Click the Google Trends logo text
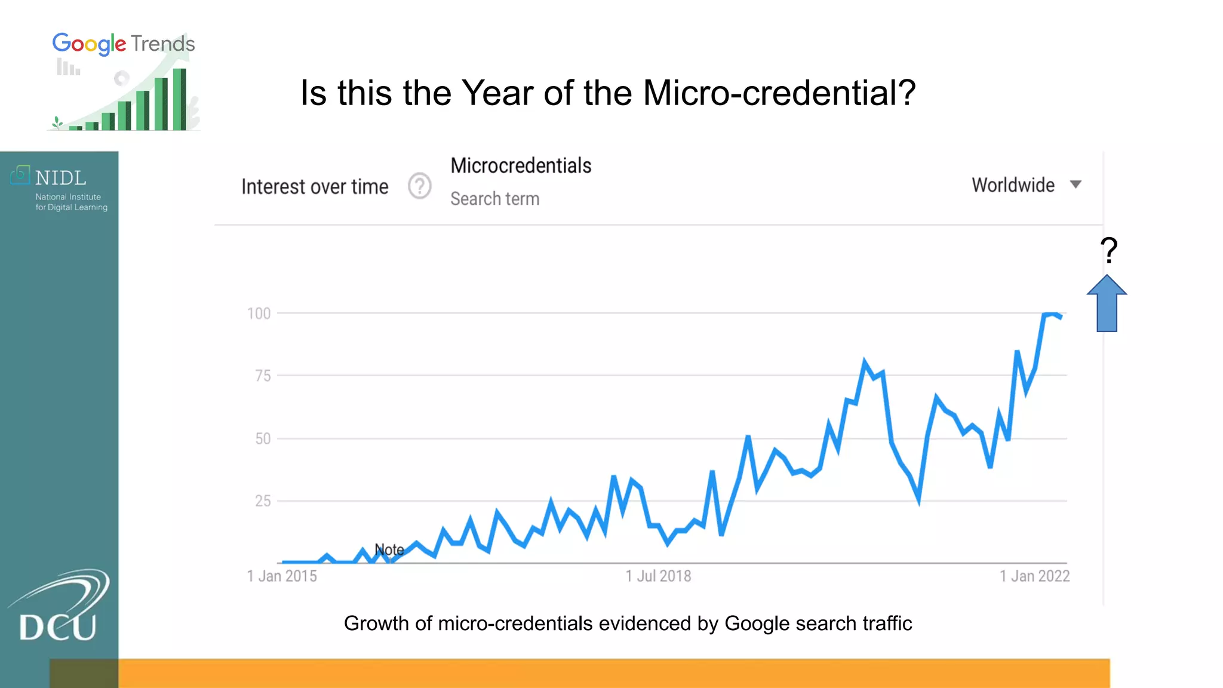click(x=124, y=44)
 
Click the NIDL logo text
click(x=60, y=178)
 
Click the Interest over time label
click(x=315, y=187)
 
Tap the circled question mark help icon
click(x=420, y=186)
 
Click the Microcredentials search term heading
click(x=521, y=165)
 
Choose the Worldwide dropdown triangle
click(x=1075, y=185)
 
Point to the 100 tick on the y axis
click(x=259, y=314)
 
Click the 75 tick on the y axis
click(x=263, y=376)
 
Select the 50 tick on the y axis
click(x=263, y=439)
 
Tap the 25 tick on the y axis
click(x=263, y=501)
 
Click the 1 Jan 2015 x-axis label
click(x=282, y=576)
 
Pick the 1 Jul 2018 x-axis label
click(x=658, y=576)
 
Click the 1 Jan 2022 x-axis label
click(x=1034, y=576)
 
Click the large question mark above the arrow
click(x=1108, y=250)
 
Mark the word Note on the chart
click(x=389, y=549)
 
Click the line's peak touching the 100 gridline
click(x=1050, y=314)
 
